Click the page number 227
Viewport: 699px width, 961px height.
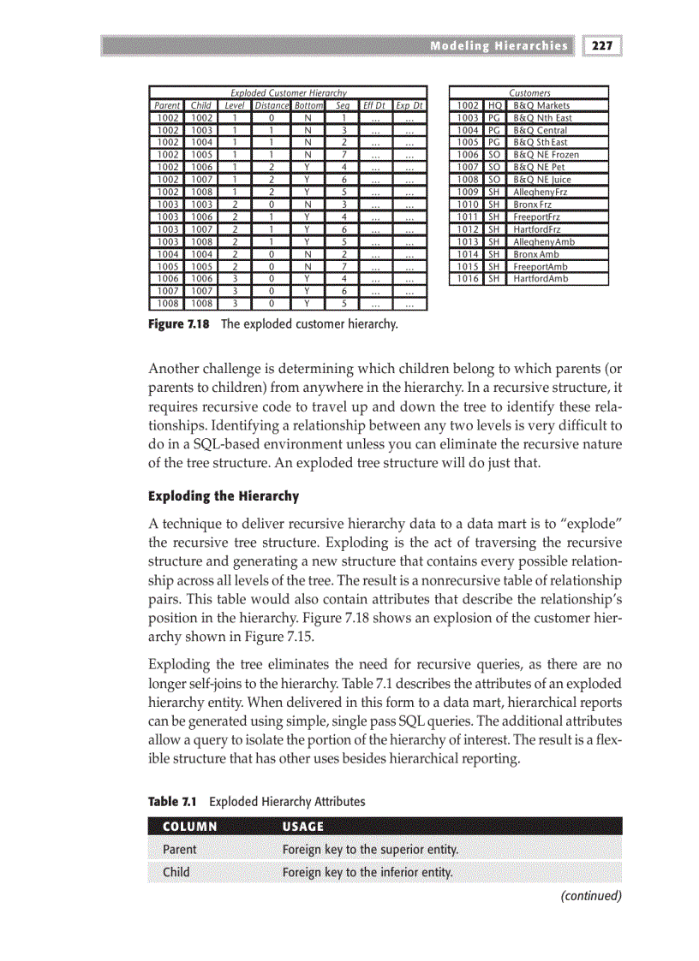coord(604,46)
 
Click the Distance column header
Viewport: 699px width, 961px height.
coord(272,105)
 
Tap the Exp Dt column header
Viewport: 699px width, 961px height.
coord(409,105)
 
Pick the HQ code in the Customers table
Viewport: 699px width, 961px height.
coord(494,105)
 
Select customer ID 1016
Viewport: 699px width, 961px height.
coord(468,279)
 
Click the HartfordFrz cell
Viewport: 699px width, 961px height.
coord(536,229)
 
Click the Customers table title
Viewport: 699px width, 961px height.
coord(529,92)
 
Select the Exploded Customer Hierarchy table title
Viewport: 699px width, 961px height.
coord(288,92)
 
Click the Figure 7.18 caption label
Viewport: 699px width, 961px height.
coord(179,324)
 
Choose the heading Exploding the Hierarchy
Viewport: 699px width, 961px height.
coord(224,496)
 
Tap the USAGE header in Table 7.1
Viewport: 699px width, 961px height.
coord(303,827)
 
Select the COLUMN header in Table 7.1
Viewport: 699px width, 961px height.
coord(189,827)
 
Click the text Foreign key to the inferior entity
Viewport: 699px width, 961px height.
coord(367,873)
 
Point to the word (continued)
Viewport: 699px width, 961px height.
coord(590,896)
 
